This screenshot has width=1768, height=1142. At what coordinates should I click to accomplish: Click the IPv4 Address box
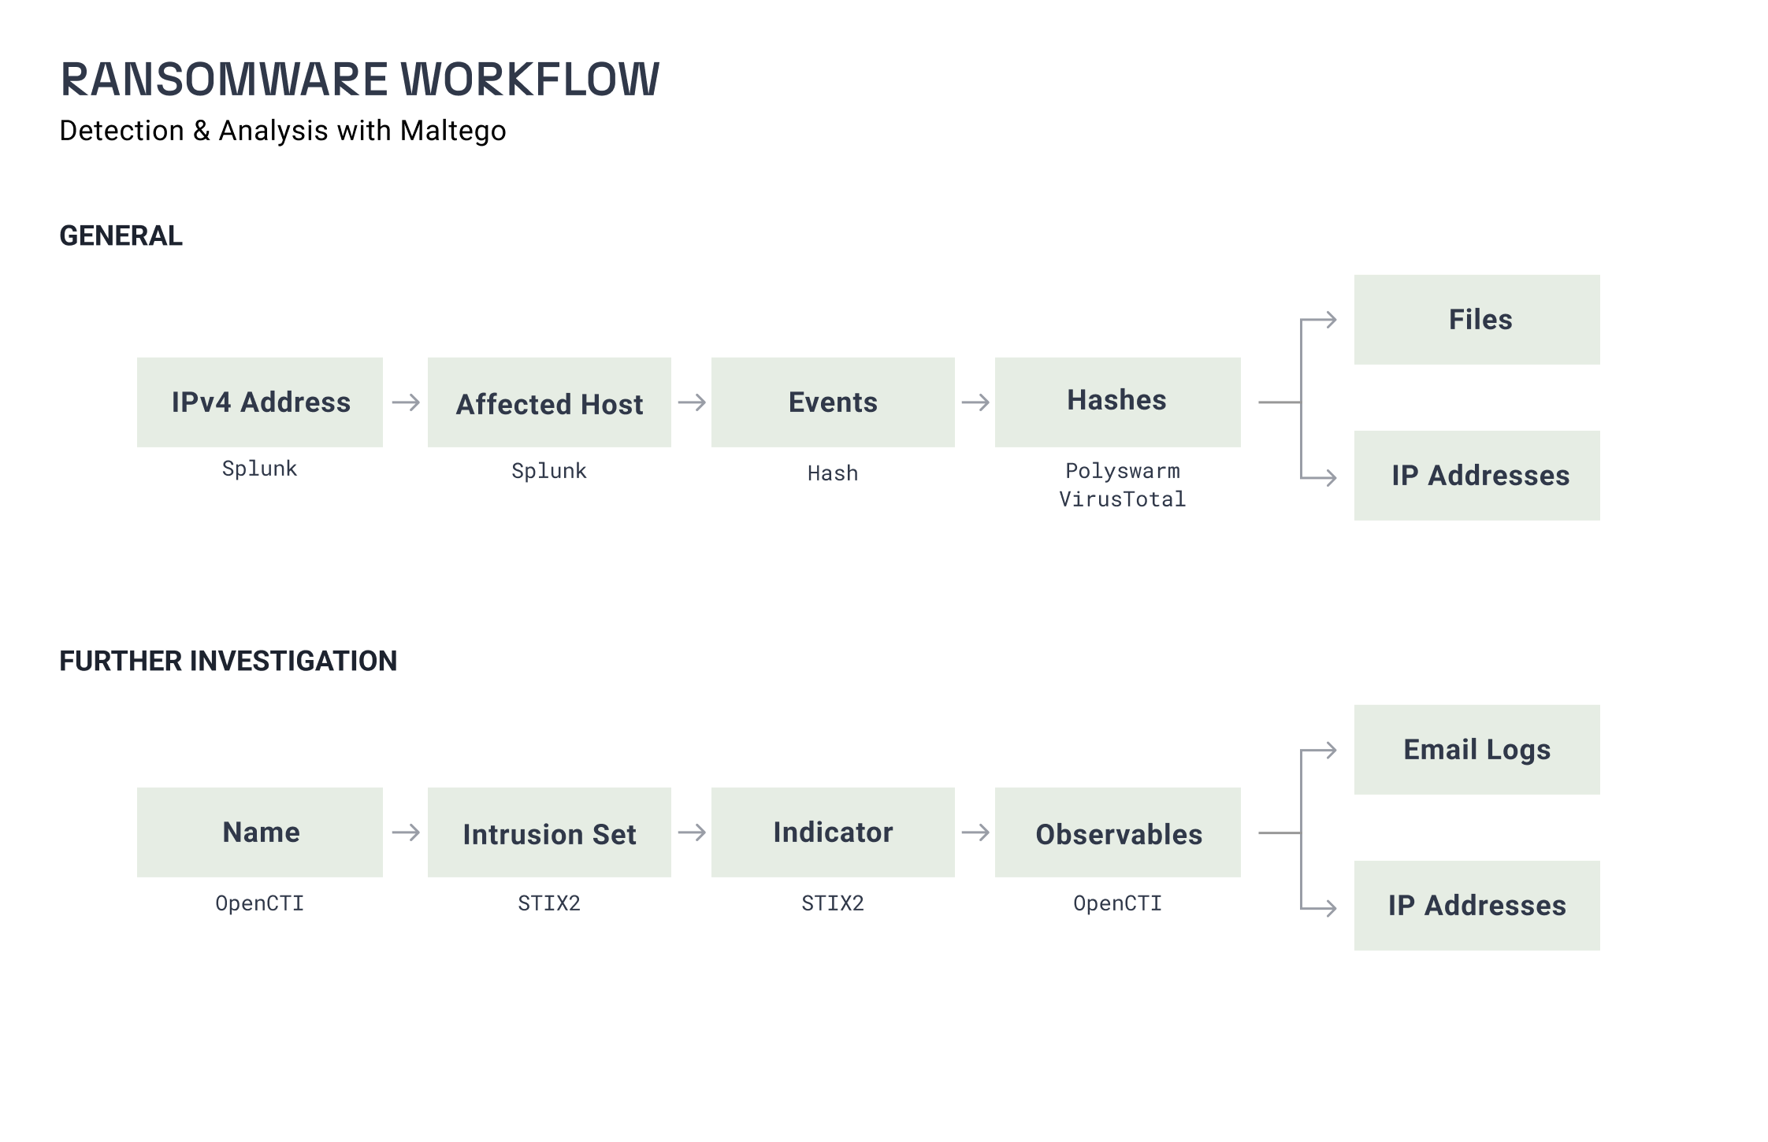point(260,402)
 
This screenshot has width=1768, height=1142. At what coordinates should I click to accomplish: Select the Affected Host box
point(549,402)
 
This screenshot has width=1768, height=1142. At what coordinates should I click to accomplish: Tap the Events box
point(833,402)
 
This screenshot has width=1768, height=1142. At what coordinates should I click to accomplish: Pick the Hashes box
point(1118,402)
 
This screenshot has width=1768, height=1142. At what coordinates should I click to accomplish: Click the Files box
point(1477,320)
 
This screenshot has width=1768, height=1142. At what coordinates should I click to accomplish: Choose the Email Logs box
point(1477,750)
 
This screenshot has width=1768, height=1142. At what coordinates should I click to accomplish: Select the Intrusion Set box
point(549,832)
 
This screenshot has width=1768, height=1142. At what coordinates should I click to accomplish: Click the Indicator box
point(833,832)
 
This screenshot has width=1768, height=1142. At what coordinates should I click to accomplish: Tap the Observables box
point(1118,832)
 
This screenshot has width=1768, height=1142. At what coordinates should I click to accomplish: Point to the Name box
point(260,832)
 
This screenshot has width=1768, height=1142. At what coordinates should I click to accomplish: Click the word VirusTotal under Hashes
point(1123,499)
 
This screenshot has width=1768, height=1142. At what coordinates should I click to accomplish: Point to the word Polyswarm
point(1123,471)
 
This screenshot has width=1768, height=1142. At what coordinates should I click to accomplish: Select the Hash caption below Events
point(833,473)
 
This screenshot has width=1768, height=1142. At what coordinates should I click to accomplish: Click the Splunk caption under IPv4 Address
point(259,469)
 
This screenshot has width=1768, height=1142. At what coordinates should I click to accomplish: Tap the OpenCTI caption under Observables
point(1117,903)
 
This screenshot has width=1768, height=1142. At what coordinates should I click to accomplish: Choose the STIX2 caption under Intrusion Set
point(549,903)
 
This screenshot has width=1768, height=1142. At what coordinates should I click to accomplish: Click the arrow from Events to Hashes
point(975,402)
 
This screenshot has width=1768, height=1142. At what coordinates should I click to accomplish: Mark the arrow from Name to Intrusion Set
point(406,832)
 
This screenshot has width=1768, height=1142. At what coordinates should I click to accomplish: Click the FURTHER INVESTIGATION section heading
point(228,661)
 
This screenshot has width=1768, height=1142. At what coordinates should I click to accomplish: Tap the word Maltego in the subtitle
point(453,131)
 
